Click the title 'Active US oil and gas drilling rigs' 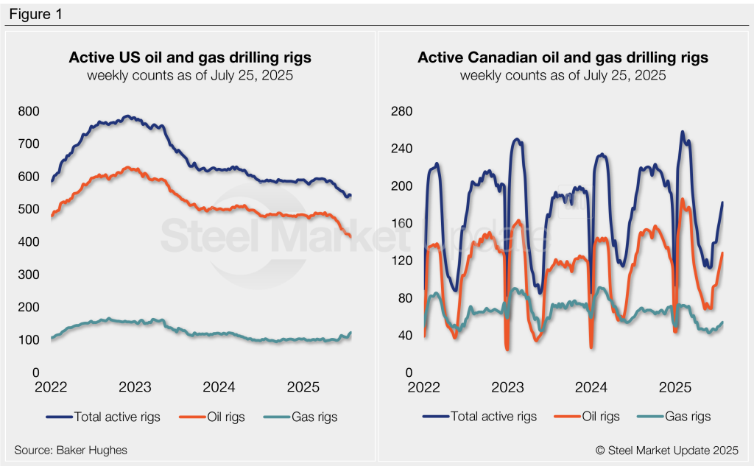tap(190, 57)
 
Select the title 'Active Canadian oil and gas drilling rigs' tap(563, 57)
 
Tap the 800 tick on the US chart tap(29, 111)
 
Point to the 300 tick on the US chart tap(29, 275)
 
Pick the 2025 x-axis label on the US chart tap(303, 386)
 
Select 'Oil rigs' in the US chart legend tap(222, 417)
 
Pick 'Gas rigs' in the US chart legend tap(314, 417)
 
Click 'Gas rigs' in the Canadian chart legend tap(687, 417)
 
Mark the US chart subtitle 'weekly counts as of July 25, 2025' tap(190, 76)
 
